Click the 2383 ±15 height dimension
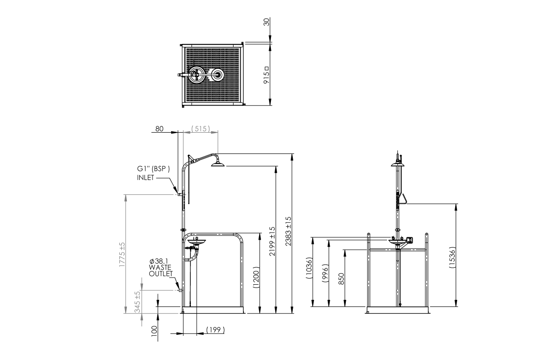(288, 231)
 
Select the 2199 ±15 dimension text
(272, 241)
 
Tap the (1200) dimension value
(256, 277)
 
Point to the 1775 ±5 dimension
(122, 254)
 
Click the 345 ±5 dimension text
(138, 302)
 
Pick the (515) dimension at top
(200, 128)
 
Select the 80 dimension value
(160, 129)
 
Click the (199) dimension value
(216, 330)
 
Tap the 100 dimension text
(154, 331)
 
